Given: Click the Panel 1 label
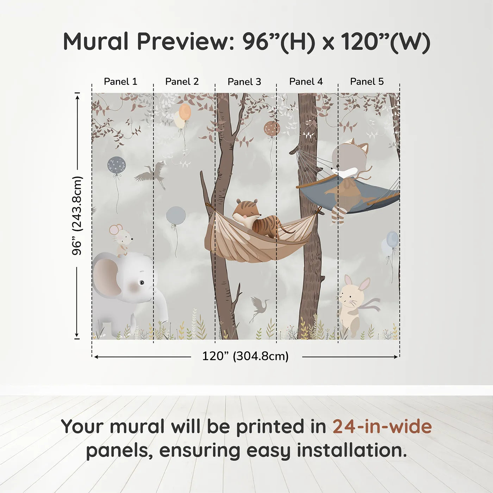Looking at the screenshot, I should point(120,82).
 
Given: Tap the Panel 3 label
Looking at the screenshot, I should point(244,82).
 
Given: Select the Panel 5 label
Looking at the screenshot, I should point(367,82).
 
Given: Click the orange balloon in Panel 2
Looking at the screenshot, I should point(185,112).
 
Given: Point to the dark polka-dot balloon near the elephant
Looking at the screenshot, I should point(116,164).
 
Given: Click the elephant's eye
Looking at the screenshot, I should point(141,282).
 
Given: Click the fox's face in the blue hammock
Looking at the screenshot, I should point(347,166).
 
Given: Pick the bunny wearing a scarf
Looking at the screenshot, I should point(352,303).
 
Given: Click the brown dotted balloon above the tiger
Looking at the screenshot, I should point(272,129).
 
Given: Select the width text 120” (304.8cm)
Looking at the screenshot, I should point(245,356).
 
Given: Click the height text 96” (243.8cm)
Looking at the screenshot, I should point(77,216).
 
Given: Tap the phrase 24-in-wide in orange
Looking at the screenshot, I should point(382,426).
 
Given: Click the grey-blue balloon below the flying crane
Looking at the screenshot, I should point(176,215).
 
